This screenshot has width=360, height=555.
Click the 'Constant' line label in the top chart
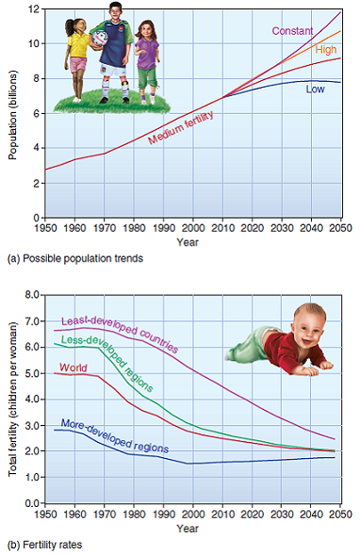[x=292, y=31]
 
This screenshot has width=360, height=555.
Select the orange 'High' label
[x=326, y=49]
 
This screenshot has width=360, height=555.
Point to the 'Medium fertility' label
[x=181, y=127]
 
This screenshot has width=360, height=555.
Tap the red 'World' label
[x=74, y=367]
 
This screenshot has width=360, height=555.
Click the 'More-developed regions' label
[x=114, y=436]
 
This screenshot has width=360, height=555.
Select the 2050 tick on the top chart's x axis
[x=341, y=228]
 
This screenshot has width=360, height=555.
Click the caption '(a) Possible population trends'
[x=75, y=259]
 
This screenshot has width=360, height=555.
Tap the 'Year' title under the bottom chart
[x=188, y=529]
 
